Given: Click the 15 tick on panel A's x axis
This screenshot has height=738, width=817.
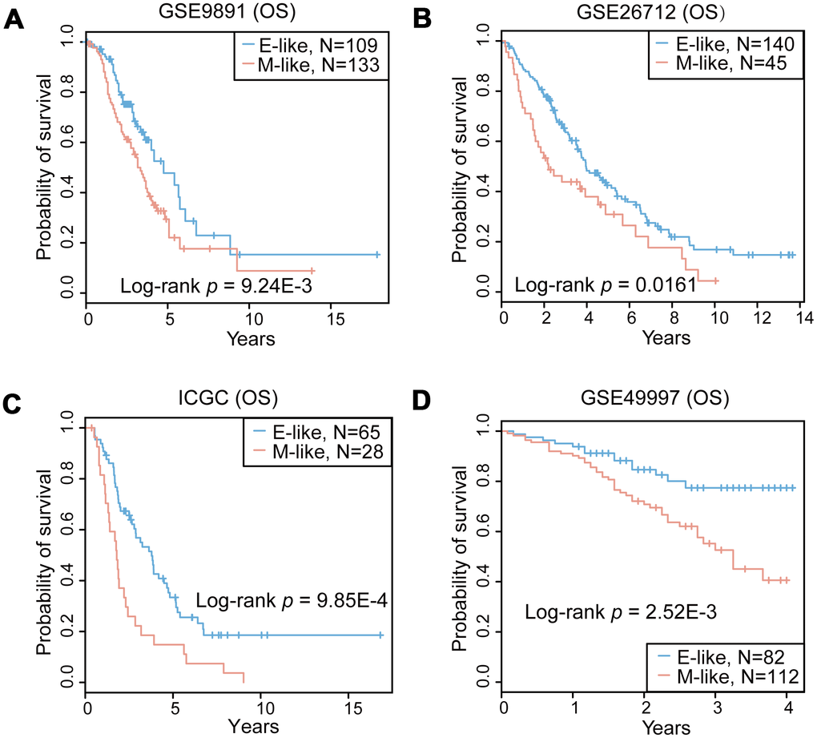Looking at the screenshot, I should tap(332, 320).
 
